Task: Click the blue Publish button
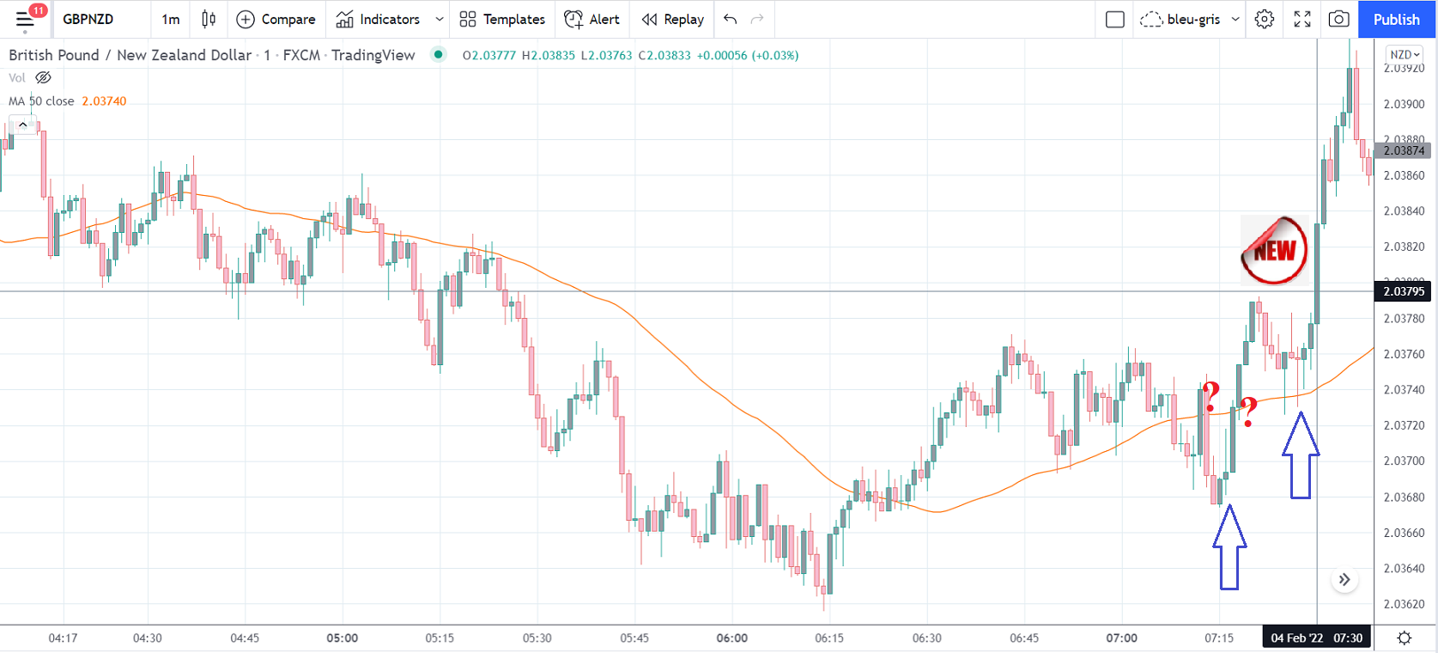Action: coord(1396,19)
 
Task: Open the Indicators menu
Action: coord(379,19)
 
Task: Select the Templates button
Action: coord(502,19)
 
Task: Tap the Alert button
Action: coord(592,19)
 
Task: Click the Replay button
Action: coord(673,19)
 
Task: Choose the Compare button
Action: coord(276,19)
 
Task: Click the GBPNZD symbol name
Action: coord(88,19)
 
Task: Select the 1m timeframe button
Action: coord(171,19)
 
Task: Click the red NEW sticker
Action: coord(1274,250)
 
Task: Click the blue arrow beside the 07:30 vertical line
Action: coord(1301,456)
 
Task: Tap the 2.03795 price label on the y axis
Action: coord(1404,291)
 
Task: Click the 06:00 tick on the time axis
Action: coord(732,638)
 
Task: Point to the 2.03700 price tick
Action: coord(1404,461)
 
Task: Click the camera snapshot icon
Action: coord(1338,19)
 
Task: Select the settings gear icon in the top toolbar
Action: coord(1265,19)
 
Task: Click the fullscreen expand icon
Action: coord(1302,19)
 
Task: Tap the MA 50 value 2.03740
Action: coord(104,101)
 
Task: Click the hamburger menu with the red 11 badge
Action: coord(25,19)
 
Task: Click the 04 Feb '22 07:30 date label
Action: coord(1316,638)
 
